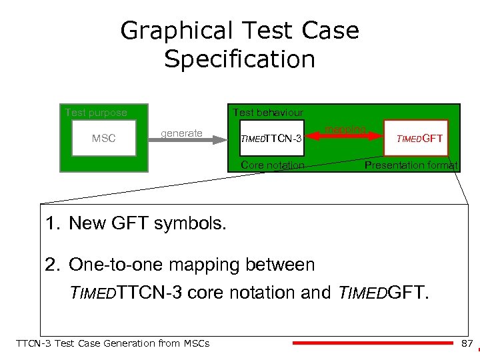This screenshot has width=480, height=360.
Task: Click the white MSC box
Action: click(103, 139)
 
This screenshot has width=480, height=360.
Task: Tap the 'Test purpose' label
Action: click(95, 113)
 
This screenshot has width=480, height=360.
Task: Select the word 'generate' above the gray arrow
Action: click(181, 133)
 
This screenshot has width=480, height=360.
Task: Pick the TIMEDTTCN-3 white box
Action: click(271, 139)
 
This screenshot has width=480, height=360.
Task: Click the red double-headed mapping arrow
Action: click(345, 136)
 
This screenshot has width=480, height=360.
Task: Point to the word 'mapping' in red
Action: click(345, 129)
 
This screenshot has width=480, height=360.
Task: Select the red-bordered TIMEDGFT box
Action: click(420, 139)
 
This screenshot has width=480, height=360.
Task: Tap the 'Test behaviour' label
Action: click(267, 113)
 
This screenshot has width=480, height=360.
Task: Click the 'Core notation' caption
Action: click(273, 165)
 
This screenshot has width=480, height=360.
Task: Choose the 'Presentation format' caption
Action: click(411, 165)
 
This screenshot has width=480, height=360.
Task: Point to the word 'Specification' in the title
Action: click(239, 59)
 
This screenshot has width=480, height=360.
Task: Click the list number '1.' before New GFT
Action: click(53, 223)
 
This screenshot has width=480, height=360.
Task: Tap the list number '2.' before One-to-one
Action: click(53, 265)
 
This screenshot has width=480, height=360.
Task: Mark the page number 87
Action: click(467, 343)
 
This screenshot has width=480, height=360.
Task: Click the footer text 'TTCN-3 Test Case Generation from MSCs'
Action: click(112, 343)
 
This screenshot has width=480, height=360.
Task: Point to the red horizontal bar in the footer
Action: click(373, 343)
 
